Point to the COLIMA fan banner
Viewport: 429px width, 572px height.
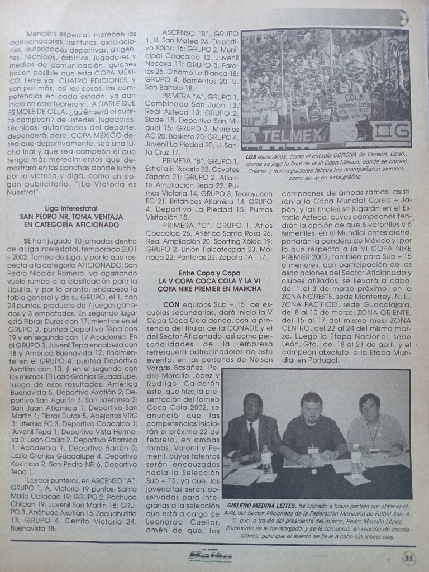(353, 102)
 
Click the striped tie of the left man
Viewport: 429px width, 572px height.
(252, 436)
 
